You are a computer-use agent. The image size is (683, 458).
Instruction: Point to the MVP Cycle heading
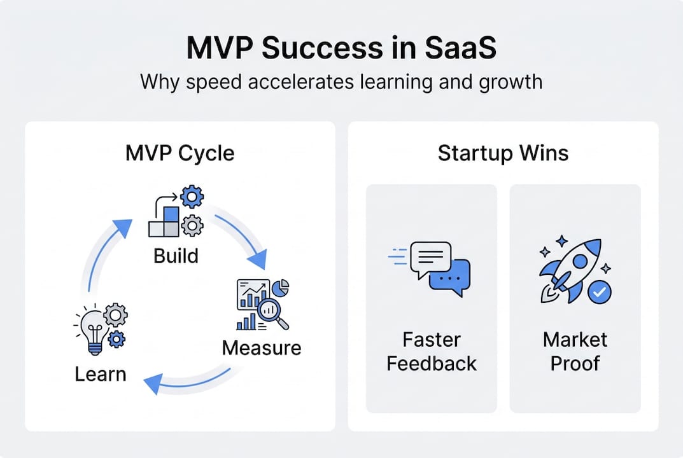click(180, 153)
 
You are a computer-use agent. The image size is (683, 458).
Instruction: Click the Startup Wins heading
click(503, 153)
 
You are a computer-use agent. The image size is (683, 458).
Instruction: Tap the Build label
click(176, 256)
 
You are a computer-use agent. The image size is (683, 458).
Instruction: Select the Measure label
click(262, 348)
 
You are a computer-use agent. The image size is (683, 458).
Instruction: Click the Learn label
click(101, 374)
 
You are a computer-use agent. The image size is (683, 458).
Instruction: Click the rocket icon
click(568, 267)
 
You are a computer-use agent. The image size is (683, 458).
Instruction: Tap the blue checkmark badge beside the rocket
click(598, 293)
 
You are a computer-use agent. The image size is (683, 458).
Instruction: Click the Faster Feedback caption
click(432, 352)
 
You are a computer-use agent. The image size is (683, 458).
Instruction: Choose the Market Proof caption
click(575, 352)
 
